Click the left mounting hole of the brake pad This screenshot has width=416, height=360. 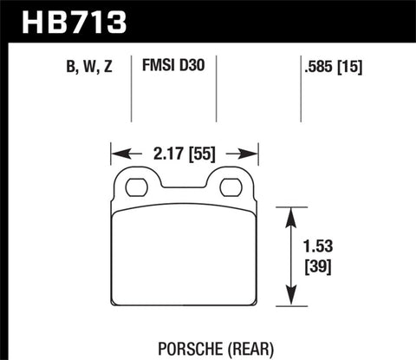[x=135, y=187]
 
